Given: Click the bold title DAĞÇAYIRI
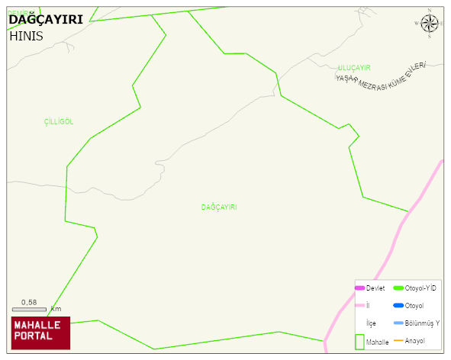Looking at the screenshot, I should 45,20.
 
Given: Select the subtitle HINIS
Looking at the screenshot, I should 26,36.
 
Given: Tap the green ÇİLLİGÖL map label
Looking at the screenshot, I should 59,122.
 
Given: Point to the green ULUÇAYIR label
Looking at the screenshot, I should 354,68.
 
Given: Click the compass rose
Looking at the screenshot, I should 430,23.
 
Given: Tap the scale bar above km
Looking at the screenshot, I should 29,309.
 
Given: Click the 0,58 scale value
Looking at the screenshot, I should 29,302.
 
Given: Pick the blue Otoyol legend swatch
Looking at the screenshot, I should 398,305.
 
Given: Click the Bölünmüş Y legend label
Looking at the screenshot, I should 422,323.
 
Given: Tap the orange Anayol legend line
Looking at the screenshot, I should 398,340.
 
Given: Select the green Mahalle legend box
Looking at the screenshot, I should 359,342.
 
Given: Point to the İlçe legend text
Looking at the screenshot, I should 371,323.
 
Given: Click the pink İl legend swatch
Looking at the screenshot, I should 359,305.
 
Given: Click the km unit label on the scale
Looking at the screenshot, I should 56,309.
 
